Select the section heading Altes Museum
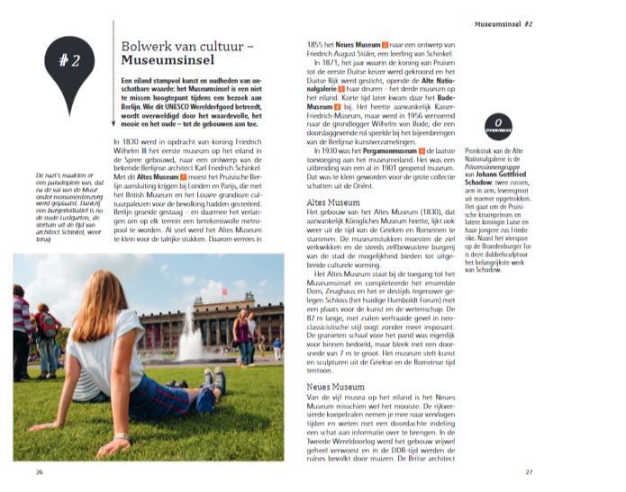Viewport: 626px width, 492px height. (x=326, y=203)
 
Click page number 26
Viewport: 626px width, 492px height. (x=39, y=471)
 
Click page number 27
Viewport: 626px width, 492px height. (x=529, y=471)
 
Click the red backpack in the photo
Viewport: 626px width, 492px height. (x=44, y=325)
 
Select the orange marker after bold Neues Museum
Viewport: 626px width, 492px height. (x=386, y=43)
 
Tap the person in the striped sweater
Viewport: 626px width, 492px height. (x=21, y=324)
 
